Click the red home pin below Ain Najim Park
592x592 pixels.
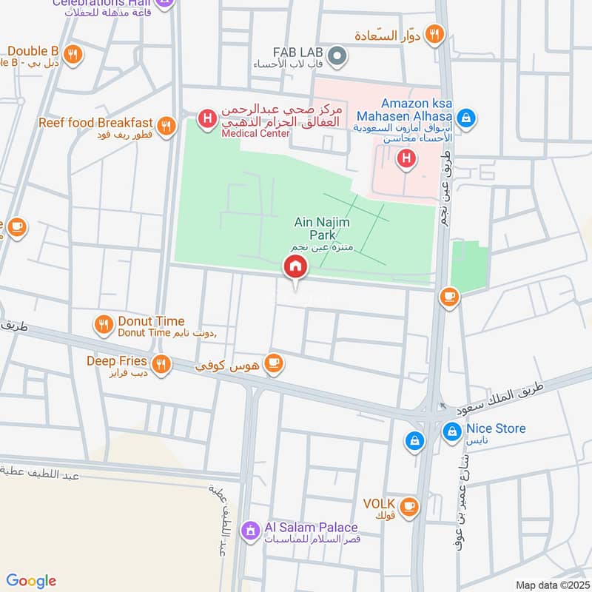click(x=295, y=267)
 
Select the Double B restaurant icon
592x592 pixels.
click(x=72, y=53)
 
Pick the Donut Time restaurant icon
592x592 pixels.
click(x=103, y=323)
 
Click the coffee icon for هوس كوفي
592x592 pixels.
click(x=274, y=363)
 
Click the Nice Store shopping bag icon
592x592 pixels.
click(x=451, y=430)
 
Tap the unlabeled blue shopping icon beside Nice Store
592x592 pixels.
click(x=414, y=441)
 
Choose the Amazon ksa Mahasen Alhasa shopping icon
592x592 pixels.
click(x=466, y=117)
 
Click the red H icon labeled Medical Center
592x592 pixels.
click(x=208, y=118)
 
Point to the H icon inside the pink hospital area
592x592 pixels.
click(x=406, y=158)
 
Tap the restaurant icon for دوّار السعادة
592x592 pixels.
click(x=435, y=33)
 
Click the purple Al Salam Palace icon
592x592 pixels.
click(x=252, y=530)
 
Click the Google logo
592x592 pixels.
click(x=31, y=581)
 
